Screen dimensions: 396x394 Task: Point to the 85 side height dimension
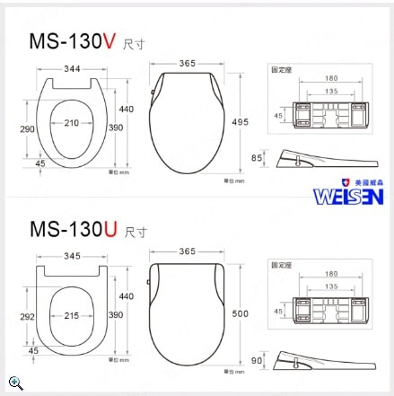[x=258, y=160]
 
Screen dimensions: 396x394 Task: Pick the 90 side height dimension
[x=258, y=360]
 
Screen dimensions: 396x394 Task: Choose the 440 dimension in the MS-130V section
[x=127, y=109]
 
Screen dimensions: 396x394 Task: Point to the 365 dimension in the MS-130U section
[x=187, y=251]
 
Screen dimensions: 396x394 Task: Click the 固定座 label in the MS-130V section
[x=282, y=69]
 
